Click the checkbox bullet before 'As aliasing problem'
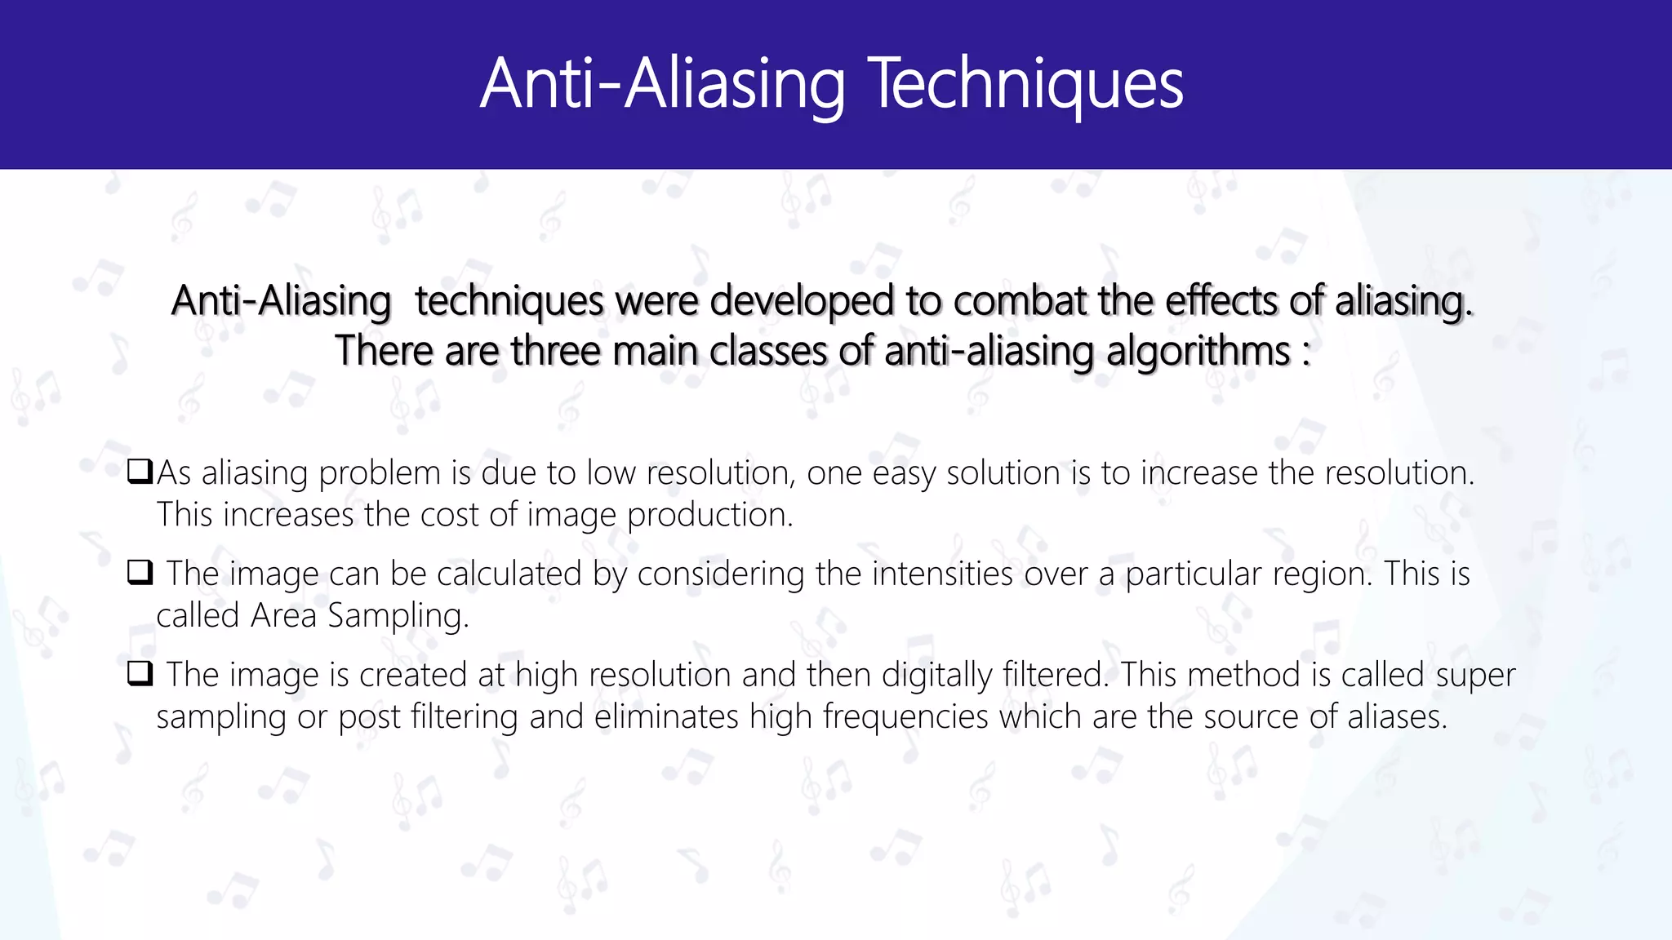[140, 471]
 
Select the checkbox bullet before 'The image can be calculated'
[140, 573]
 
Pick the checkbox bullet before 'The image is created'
[140, 674]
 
